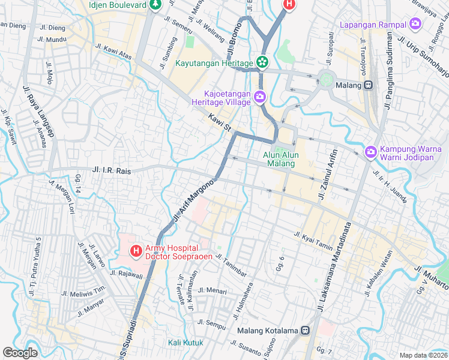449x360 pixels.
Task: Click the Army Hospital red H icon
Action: pyautogui.click(x=136, y=250)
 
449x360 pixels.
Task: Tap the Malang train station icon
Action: pyautogui.click(x=369, y=85)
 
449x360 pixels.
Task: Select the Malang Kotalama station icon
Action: pyautogui.click(x=305, y=330)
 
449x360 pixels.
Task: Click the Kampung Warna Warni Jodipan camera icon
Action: pyautogui.click(x=370, y=152)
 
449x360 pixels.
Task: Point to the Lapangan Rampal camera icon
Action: pyautogui.click(x=415, y=25)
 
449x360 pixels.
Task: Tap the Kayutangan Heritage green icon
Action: pyautogui.click(x=262, y=62)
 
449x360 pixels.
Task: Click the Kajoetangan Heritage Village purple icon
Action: pyautogui.click(x=259, y=97)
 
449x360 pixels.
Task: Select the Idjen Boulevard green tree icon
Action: pyautogui.click(x=155, y=5)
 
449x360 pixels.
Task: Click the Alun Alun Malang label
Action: pyautogui.click(x=281, y=159)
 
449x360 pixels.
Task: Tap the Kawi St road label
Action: pyautogui.click(x=220, y=122)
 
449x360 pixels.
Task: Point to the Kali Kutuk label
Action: pyautogui.click(x=185, y=343)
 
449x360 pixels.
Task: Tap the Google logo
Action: pyautogui.click(x=20, y=353)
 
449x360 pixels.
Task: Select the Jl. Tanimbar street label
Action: pyautogui.click(x=231, y=267)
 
